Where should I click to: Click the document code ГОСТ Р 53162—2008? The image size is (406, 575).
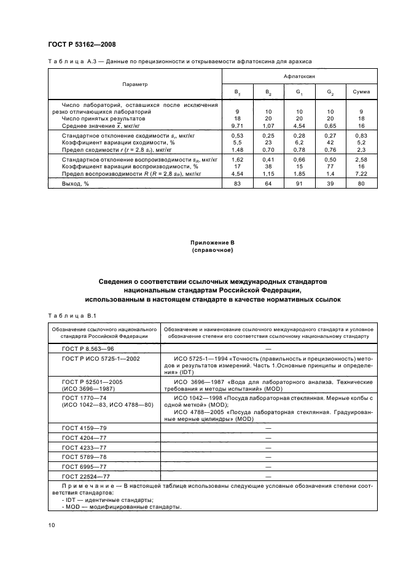[x=82, y=45]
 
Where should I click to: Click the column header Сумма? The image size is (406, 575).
[x=362, y=92]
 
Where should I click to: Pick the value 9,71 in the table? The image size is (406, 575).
[x=236, y=125]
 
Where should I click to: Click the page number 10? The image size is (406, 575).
[x=52, y=525]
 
